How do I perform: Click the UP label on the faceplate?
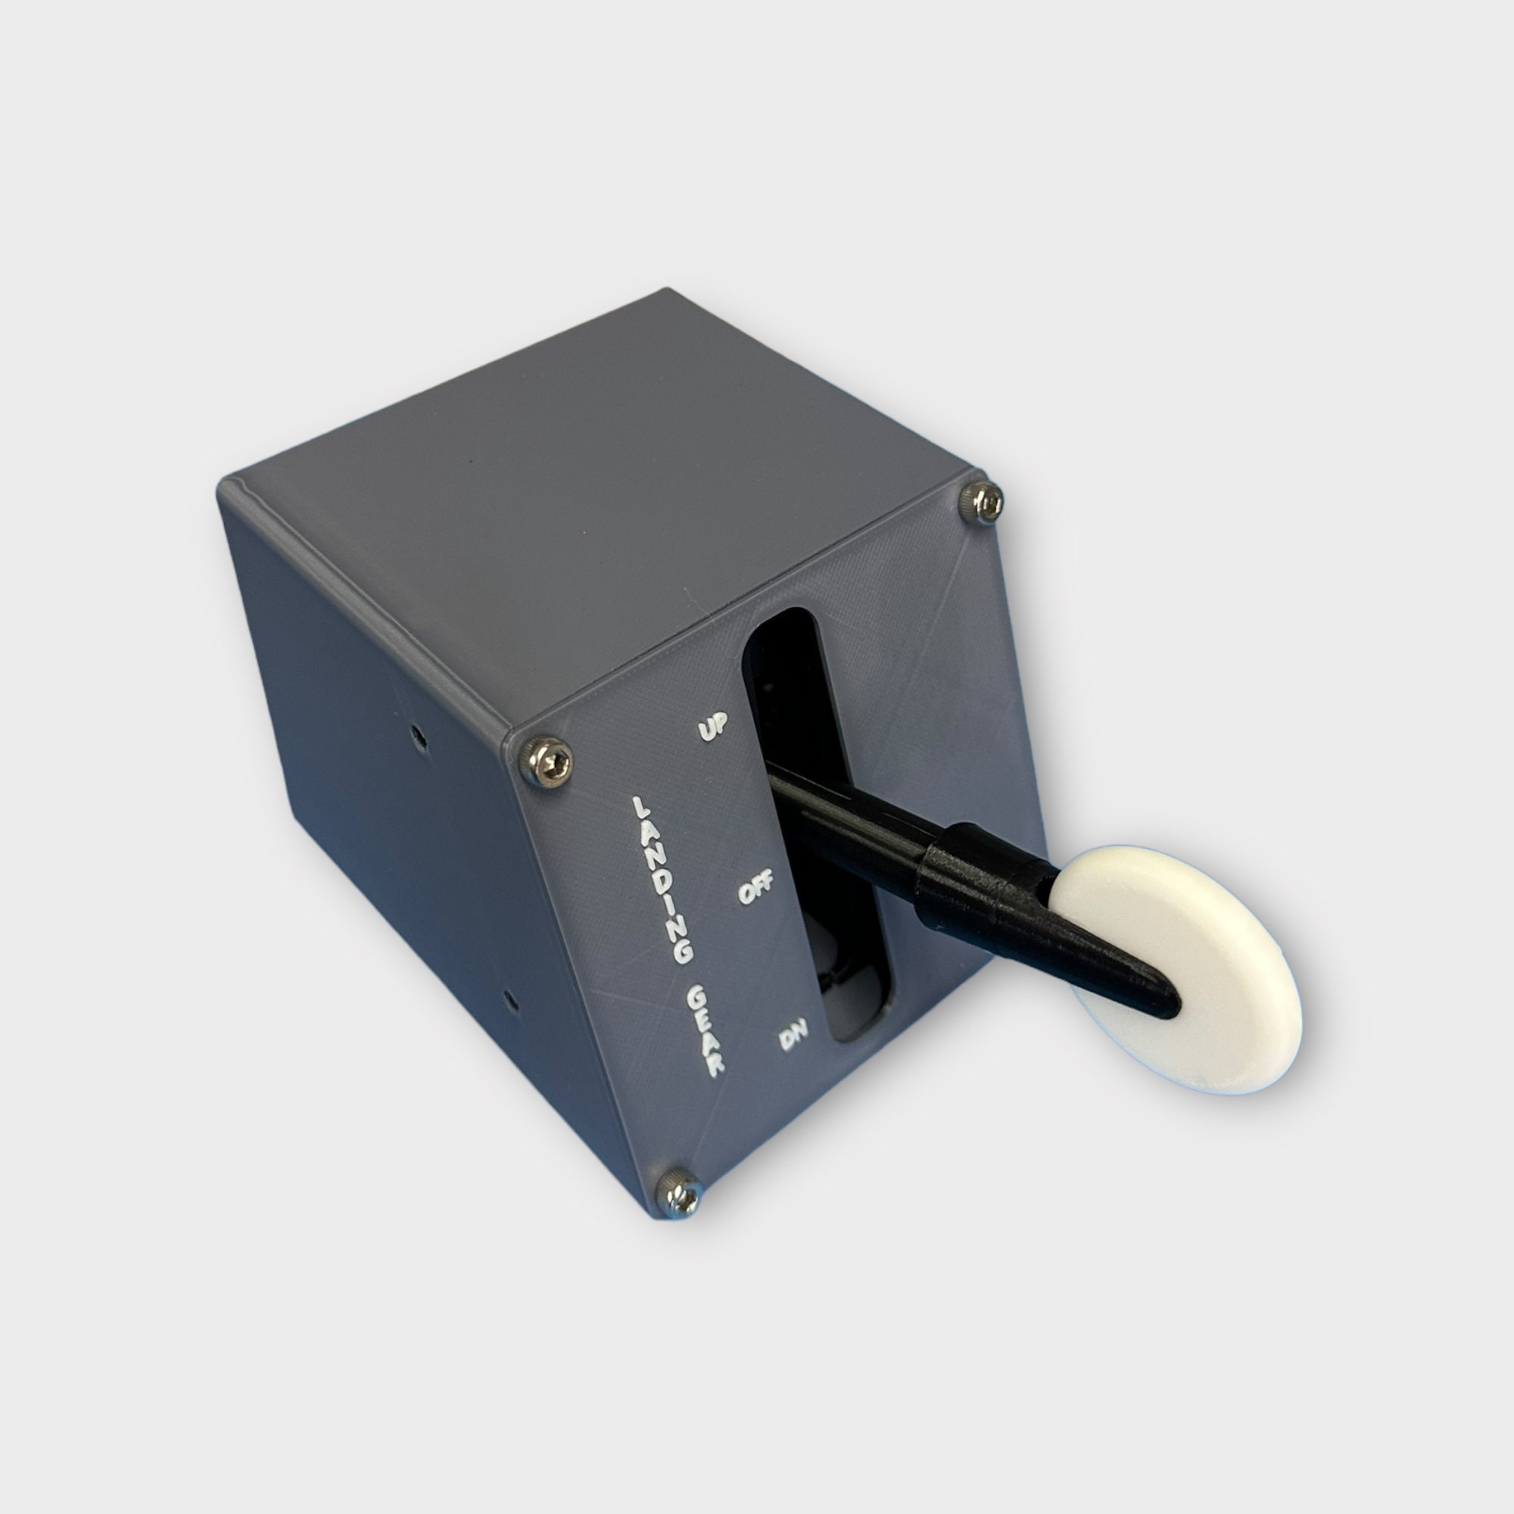(x=713, y=726)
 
